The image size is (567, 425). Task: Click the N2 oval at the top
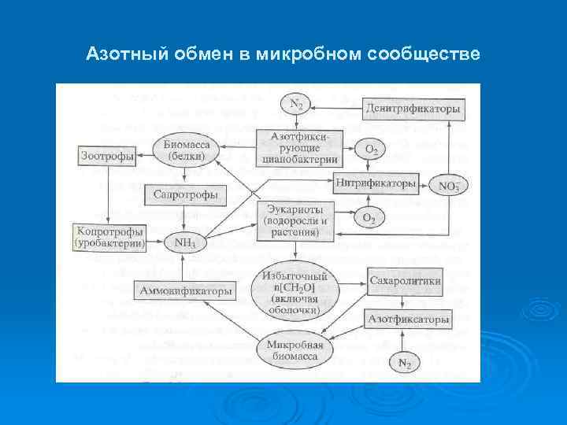coord(297,104)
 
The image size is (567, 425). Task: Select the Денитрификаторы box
coord(412,109)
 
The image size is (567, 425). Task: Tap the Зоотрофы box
coord(107,156)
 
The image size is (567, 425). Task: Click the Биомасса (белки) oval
coord(186,150)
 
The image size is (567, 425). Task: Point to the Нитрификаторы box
coord(376,183)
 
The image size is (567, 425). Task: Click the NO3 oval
coord(449,187)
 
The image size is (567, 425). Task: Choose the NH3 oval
coord(185,243)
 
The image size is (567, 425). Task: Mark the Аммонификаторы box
coord(186,291)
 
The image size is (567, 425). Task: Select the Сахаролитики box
coord(405,281)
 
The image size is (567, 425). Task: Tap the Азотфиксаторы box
coord(408,320)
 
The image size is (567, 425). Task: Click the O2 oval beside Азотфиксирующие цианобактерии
coord(369,148)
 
